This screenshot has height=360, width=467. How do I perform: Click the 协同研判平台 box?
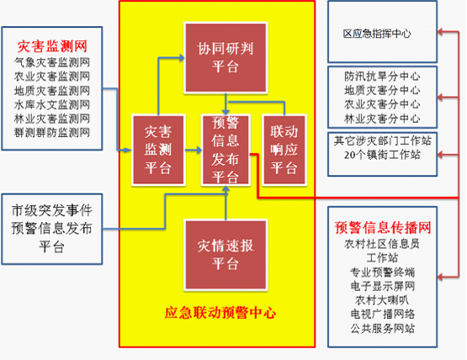point(226,58)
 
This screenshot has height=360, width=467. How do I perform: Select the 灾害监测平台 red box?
point(158,150)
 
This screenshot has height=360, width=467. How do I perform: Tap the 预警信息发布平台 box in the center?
point(226,150)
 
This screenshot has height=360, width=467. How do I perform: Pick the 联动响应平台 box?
point(284,150)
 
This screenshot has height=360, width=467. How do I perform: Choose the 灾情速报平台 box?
point(226,255)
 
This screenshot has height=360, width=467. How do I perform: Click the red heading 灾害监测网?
point(52,46)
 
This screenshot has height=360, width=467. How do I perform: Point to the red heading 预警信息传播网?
point(383,227)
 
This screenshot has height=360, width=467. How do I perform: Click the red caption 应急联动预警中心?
point(220,313)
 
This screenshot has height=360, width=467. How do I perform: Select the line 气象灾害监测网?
point(52,62)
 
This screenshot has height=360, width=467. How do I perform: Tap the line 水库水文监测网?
point(52,104)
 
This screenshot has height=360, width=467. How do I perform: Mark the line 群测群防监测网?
point(52,133)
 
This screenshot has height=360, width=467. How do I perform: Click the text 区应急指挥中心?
point(377,34)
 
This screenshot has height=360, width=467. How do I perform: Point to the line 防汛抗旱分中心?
point(382,77)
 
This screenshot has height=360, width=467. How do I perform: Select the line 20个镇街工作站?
point(382,155)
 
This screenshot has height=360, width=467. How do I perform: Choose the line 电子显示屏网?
point(383,286)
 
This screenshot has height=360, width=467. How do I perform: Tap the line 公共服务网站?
point(383,328)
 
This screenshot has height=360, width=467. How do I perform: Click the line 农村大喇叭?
point(382,300)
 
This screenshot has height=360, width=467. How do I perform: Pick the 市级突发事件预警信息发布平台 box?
point(52,229)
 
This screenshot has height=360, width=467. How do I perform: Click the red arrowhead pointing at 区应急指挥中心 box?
point(440,32)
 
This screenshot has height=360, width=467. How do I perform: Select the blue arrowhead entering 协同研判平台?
point(182,57)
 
